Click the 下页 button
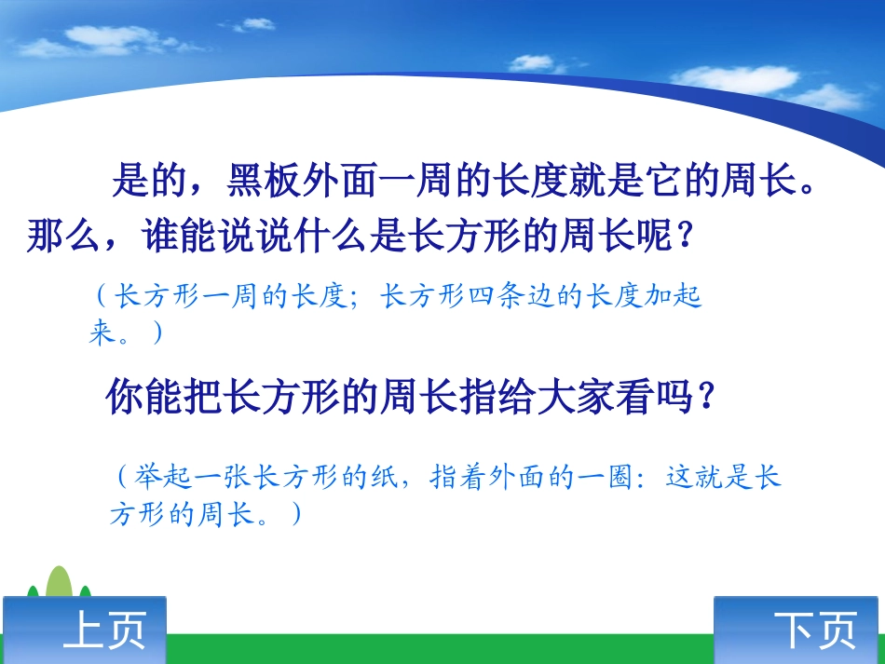[799, 630]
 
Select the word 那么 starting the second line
[63, 237]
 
